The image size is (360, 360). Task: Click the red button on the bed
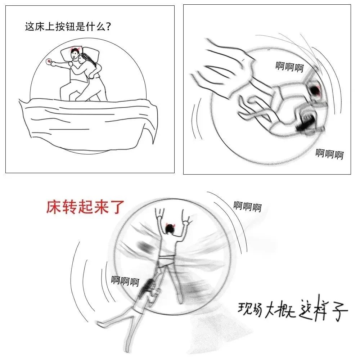click(x=49, y=62)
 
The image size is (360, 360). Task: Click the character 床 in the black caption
click(x=40, y=27)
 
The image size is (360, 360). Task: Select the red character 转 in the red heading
click(x=70, y=207)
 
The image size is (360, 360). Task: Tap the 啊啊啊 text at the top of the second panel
click(x=289, y=67)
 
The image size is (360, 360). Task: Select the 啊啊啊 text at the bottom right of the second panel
click(x=329, y=154)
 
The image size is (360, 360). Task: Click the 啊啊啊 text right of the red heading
click(x=248, y=206)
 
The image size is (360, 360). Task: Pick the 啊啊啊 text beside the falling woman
click(x=125, y=281)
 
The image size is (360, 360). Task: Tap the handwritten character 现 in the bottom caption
click(x=244, y=308)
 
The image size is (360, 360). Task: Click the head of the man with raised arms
click(x=170, y=229)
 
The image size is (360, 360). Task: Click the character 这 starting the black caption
click(x=30, y=27)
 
